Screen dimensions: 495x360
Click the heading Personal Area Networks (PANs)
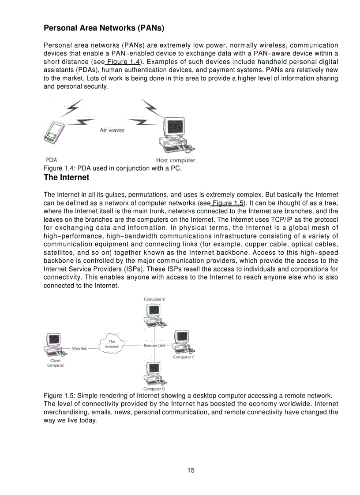click(104, 29)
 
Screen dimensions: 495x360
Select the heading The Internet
click(66, 178)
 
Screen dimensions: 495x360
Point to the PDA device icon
click(54, 133)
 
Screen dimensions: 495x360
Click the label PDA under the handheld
click(51, 160)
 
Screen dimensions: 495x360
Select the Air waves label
click(112, 130)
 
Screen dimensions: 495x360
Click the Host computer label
click(175, 160)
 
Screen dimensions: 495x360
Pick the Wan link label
click(80, 348)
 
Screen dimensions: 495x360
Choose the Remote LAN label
click(154, 346)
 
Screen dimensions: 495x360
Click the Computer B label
click(154, 299)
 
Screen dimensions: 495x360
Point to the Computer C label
click(184, 357)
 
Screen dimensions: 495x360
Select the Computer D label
click(154, 389)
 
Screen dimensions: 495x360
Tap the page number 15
click(191, 470)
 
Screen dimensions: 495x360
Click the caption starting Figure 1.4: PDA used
click(112, 168)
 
